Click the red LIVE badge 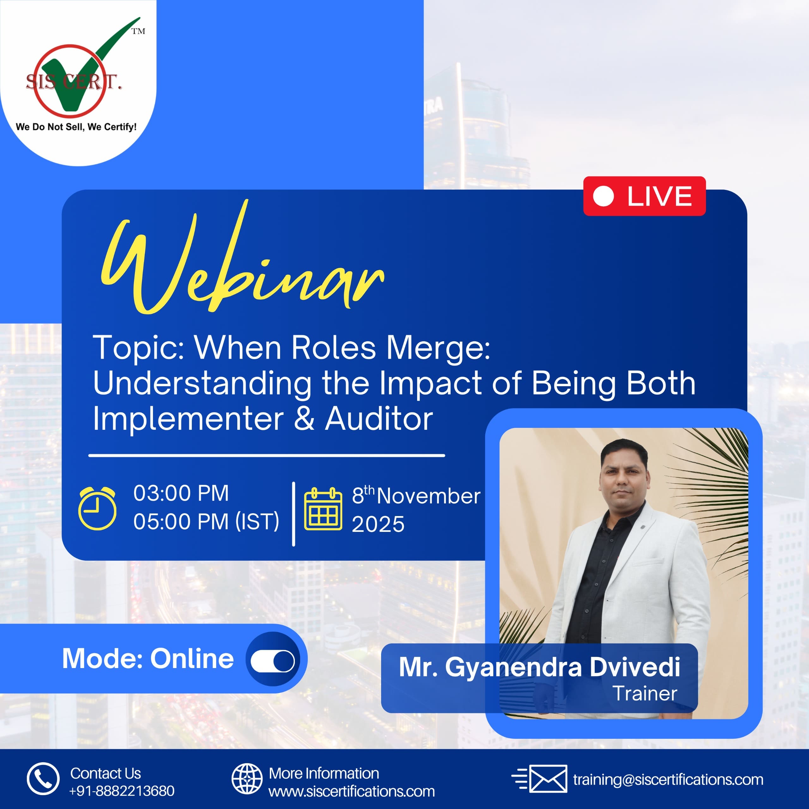644,196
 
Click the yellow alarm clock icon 97,508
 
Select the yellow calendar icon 323,508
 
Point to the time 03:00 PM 181,493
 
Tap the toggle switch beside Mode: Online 273,661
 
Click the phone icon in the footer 43,778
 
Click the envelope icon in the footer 540,778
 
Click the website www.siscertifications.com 352,791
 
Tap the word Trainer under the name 645,694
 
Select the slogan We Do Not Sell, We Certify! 76,127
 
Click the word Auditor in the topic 379,418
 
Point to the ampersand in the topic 304,418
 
